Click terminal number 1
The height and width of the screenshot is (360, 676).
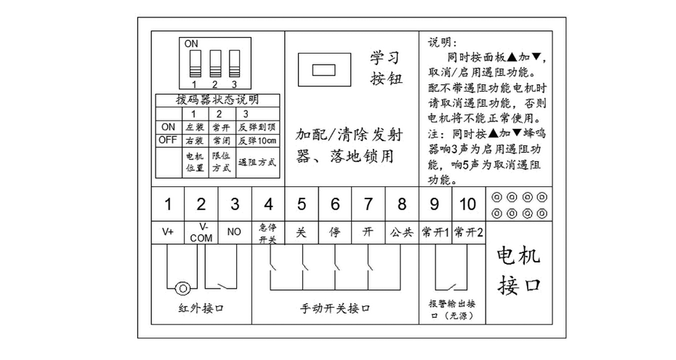[168, 204]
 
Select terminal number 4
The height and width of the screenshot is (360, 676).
[268, 204]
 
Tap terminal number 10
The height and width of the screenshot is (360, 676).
[469, 204]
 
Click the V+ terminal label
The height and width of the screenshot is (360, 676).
[168, 232]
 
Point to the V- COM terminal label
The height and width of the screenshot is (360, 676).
[201, 232]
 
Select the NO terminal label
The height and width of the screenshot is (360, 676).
[235, 232]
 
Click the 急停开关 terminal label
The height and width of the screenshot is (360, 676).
[268, 232]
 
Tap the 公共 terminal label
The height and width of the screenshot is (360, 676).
[401, 232]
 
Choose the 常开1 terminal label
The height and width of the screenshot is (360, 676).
[435, 232]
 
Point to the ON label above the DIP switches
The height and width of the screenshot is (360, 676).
[191, 44]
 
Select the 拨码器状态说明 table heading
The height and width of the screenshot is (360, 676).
[217, 100]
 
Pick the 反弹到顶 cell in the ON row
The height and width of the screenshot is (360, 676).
[258, 127]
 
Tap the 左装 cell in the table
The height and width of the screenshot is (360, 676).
[194, 127]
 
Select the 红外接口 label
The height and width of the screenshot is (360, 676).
[201, 308]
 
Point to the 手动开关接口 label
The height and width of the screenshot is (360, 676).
[336, 308]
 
